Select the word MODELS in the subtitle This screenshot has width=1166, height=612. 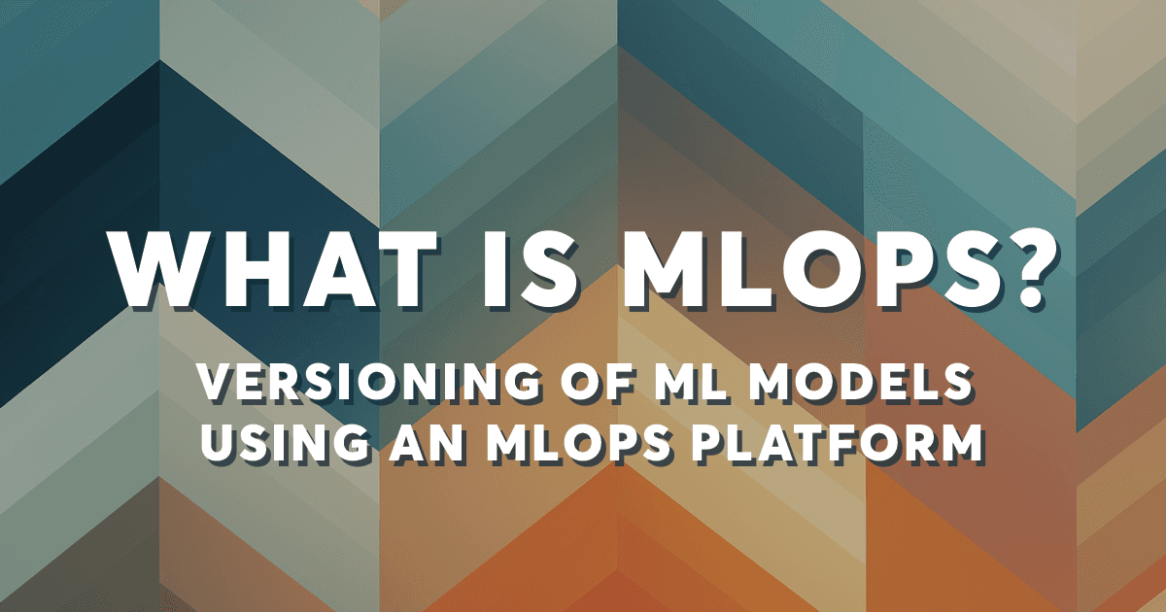[856, 383]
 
